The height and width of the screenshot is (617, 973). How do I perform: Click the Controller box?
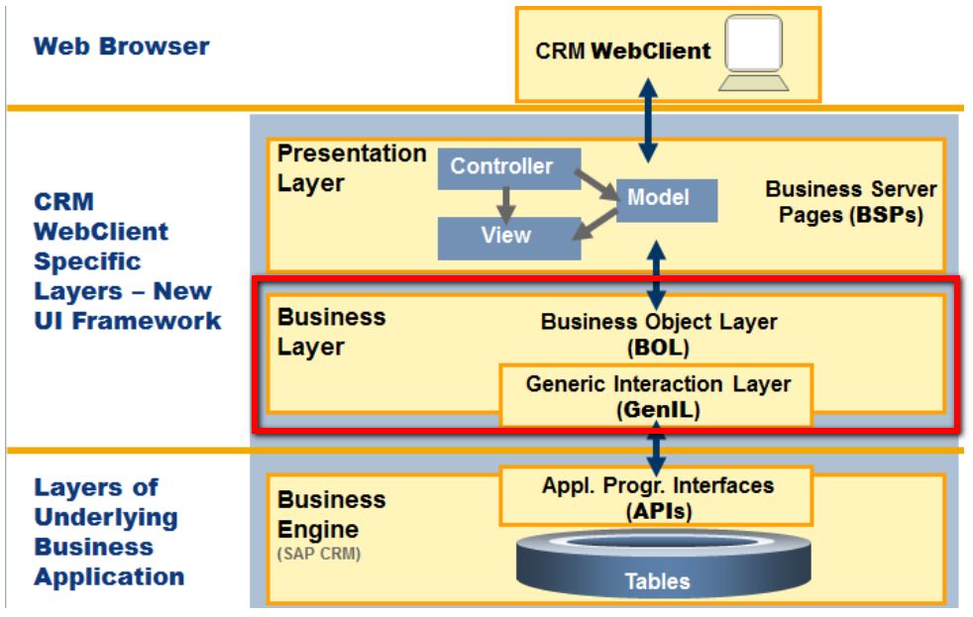[x=509, y=168]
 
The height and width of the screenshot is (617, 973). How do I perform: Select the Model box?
[x=667, y=200]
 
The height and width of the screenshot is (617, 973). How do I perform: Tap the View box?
[x=509, y=238]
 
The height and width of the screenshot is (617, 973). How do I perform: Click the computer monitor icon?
[x=753, y=53]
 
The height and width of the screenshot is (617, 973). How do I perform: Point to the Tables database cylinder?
[x=663, y=564]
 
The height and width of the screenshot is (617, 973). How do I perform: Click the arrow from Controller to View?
[x=506, y=205]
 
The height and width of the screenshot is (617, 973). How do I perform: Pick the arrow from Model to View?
[x=595, y=225]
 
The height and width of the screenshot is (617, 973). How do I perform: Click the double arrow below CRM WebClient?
[x=648, y=120]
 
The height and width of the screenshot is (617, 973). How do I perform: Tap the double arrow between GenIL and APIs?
[x=656, y=452]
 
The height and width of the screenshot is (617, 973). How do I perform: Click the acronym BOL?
[x=658, y=348]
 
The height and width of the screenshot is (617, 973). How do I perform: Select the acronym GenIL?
[x=658, y=410]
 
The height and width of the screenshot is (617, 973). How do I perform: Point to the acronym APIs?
[x=658, y=512]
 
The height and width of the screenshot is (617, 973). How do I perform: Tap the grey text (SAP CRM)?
[x=319, y=554]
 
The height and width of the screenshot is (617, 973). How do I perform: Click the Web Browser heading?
[x=122, y=47]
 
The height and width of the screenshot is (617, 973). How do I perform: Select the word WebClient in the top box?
[x=651, y=51]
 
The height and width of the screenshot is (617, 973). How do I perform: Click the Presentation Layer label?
[x=351, y=168]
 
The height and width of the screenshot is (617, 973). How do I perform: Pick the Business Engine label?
[x=331, y=515]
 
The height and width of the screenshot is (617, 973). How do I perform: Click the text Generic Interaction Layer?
[x=658, y=384]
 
